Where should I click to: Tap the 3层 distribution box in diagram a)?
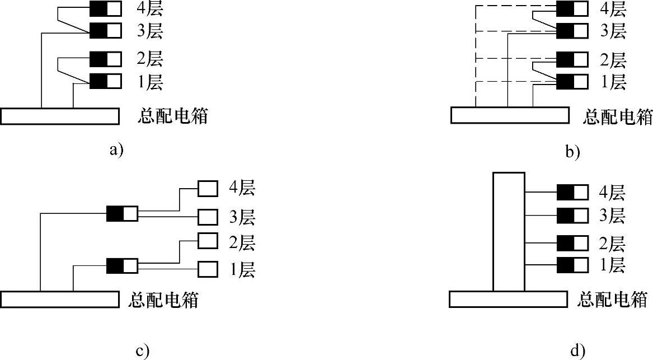(106, 31)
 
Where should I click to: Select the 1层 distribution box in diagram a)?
(106, 82)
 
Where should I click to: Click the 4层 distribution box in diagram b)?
(572, 9)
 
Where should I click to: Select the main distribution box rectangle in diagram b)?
(510, 115)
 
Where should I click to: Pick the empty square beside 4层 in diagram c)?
(208, 189)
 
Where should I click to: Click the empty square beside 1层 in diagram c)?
(208, 269)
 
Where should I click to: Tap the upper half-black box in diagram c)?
(122, 213)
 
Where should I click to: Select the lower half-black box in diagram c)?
(122, 265)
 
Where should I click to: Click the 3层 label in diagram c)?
(242, 216)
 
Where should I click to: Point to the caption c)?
(143, 351)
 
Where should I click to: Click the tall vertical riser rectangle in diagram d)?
(509, 232)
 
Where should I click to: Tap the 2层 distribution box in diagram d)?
(572, 244)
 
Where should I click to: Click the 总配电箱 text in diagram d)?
(612, 300)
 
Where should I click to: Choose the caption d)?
(577, 351)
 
